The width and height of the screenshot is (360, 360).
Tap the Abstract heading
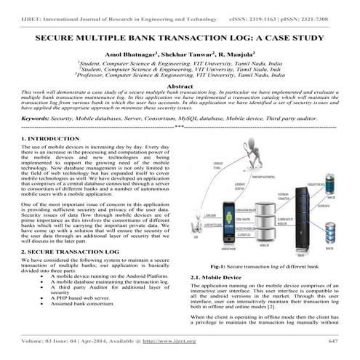point(180,86)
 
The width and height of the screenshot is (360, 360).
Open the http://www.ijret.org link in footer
point(169,340)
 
